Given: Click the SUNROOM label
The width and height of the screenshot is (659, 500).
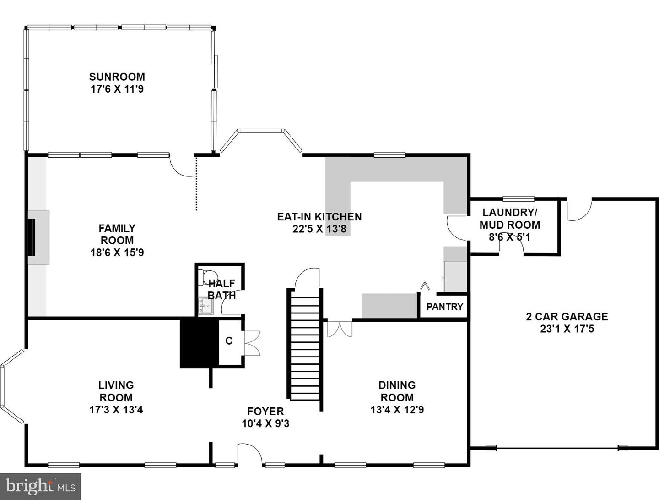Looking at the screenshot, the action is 117,77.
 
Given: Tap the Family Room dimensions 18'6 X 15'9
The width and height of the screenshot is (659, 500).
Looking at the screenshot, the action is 117,252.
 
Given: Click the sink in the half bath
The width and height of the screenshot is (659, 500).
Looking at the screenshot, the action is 205,306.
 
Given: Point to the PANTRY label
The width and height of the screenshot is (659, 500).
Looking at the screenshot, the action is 445,307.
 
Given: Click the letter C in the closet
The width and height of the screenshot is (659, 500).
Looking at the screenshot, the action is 229,341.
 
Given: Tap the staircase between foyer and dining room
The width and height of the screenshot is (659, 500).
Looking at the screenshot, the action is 305,348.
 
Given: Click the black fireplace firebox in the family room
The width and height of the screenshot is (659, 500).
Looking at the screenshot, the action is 32,237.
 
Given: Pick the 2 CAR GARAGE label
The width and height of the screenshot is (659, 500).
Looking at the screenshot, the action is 567,317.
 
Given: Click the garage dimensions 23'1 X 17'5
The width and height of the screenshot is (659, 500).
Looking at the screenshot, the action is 567,329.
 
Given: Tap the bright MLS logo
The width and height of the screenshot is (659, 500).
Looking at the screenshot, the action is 40,486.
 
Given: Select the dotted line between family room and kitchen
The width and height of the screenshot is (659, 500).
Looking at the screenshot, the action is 196,184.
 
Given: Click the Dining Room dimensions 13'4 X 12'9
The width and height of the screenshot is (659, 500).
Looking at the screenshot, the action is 397,410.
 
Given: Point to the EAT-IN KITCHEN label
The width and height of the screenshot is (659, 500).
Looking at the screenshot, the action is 319,217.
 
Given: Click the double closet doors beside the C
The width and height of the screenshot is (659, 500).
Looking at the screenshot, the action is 252,343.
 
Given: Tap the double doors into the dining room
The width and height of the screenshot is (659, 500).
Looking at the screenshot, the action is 340,329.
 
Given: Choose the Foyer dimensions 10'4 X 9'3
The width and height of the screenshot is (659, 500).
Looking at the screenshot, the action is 265,423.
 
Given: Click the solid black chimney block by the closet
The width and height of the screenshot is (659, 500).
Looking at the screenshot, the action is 199,343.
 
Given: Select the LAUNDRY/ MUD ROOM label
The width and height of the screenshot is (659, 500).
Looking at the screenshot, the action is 509,219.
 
